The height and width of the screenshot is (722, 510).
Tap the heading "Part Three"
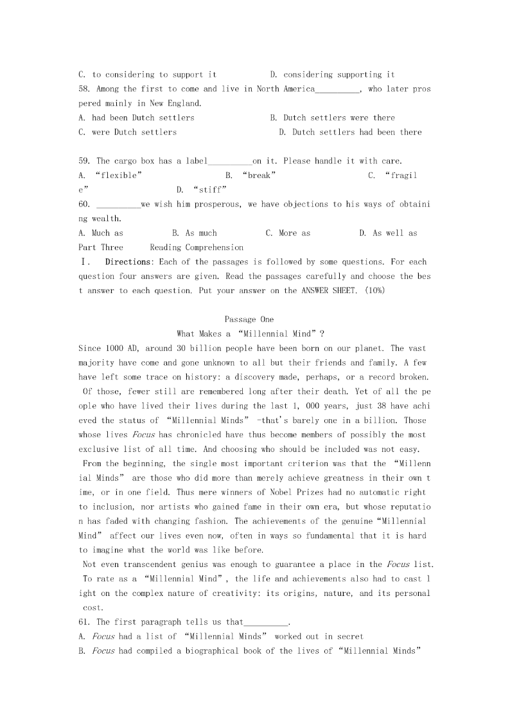coord(101,247)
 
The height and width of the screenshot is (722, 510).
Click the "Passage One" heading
coord(249,320)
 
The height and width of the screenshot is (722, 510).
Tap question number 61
coord(85,622)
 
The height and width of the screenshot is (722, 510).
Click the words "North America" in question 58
coord(285,89)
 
